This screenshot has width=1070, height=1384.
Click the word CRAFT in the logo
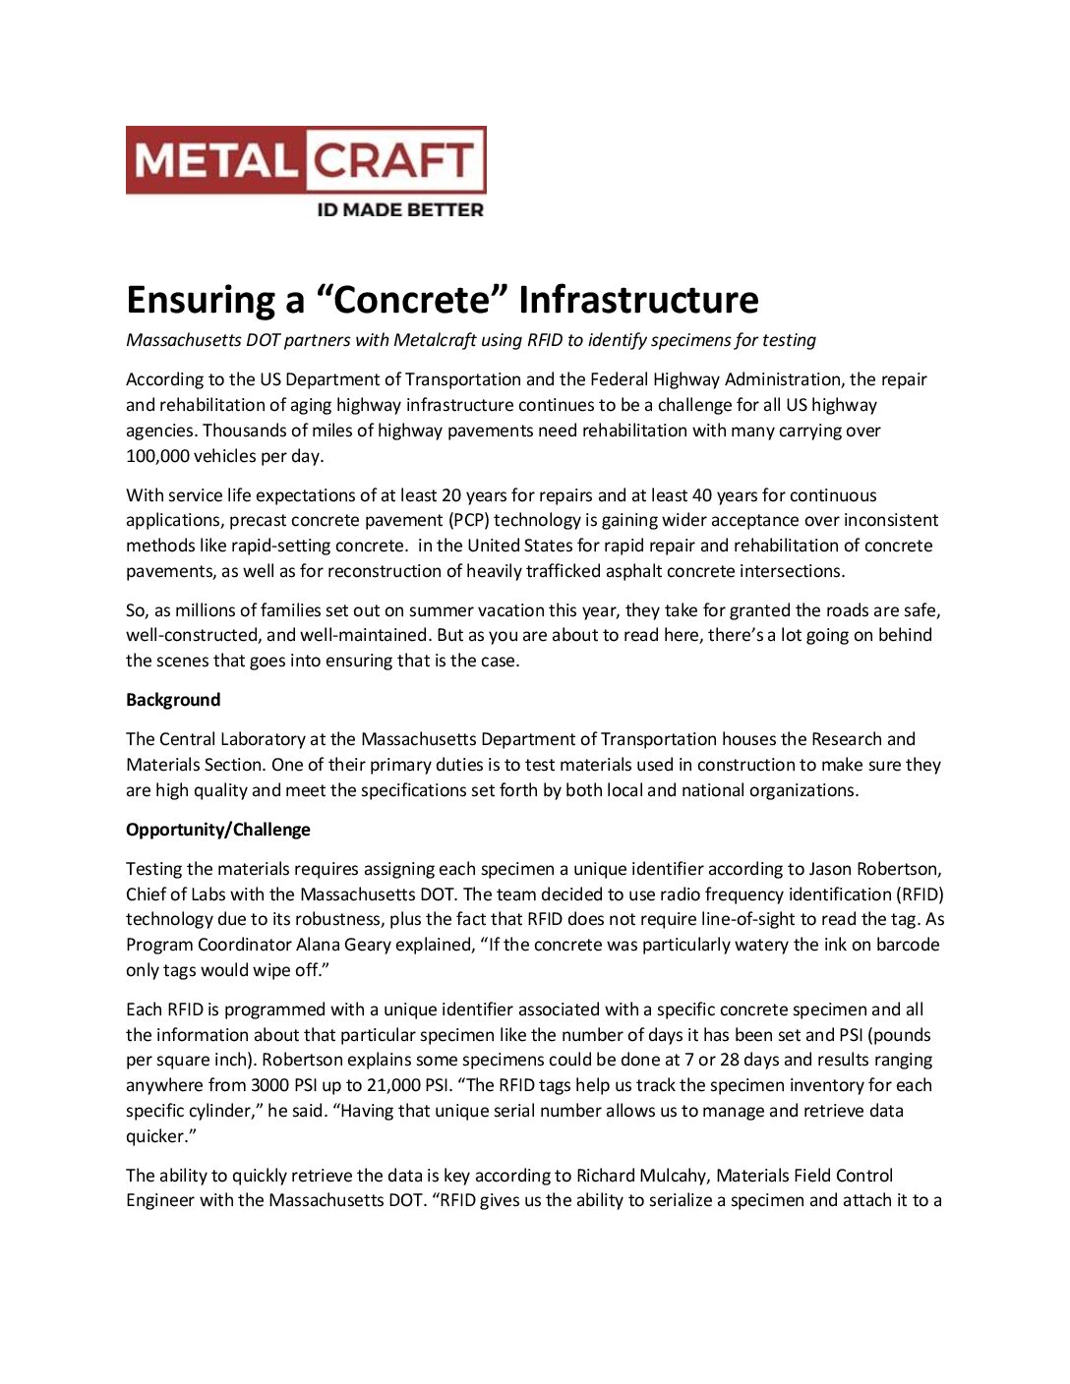(395, 160)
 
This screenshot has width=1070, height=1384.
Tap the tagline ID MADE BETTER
(399, 209)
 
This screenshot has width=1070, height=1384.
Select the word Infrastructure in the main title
(638, 300)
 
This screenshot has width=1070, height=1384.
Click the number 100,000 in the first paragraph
(158, 456)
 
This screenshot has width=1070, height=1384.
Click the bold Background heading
(173, 700)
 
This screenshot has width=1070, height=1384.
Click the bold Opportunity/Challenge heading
(218, 830)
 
